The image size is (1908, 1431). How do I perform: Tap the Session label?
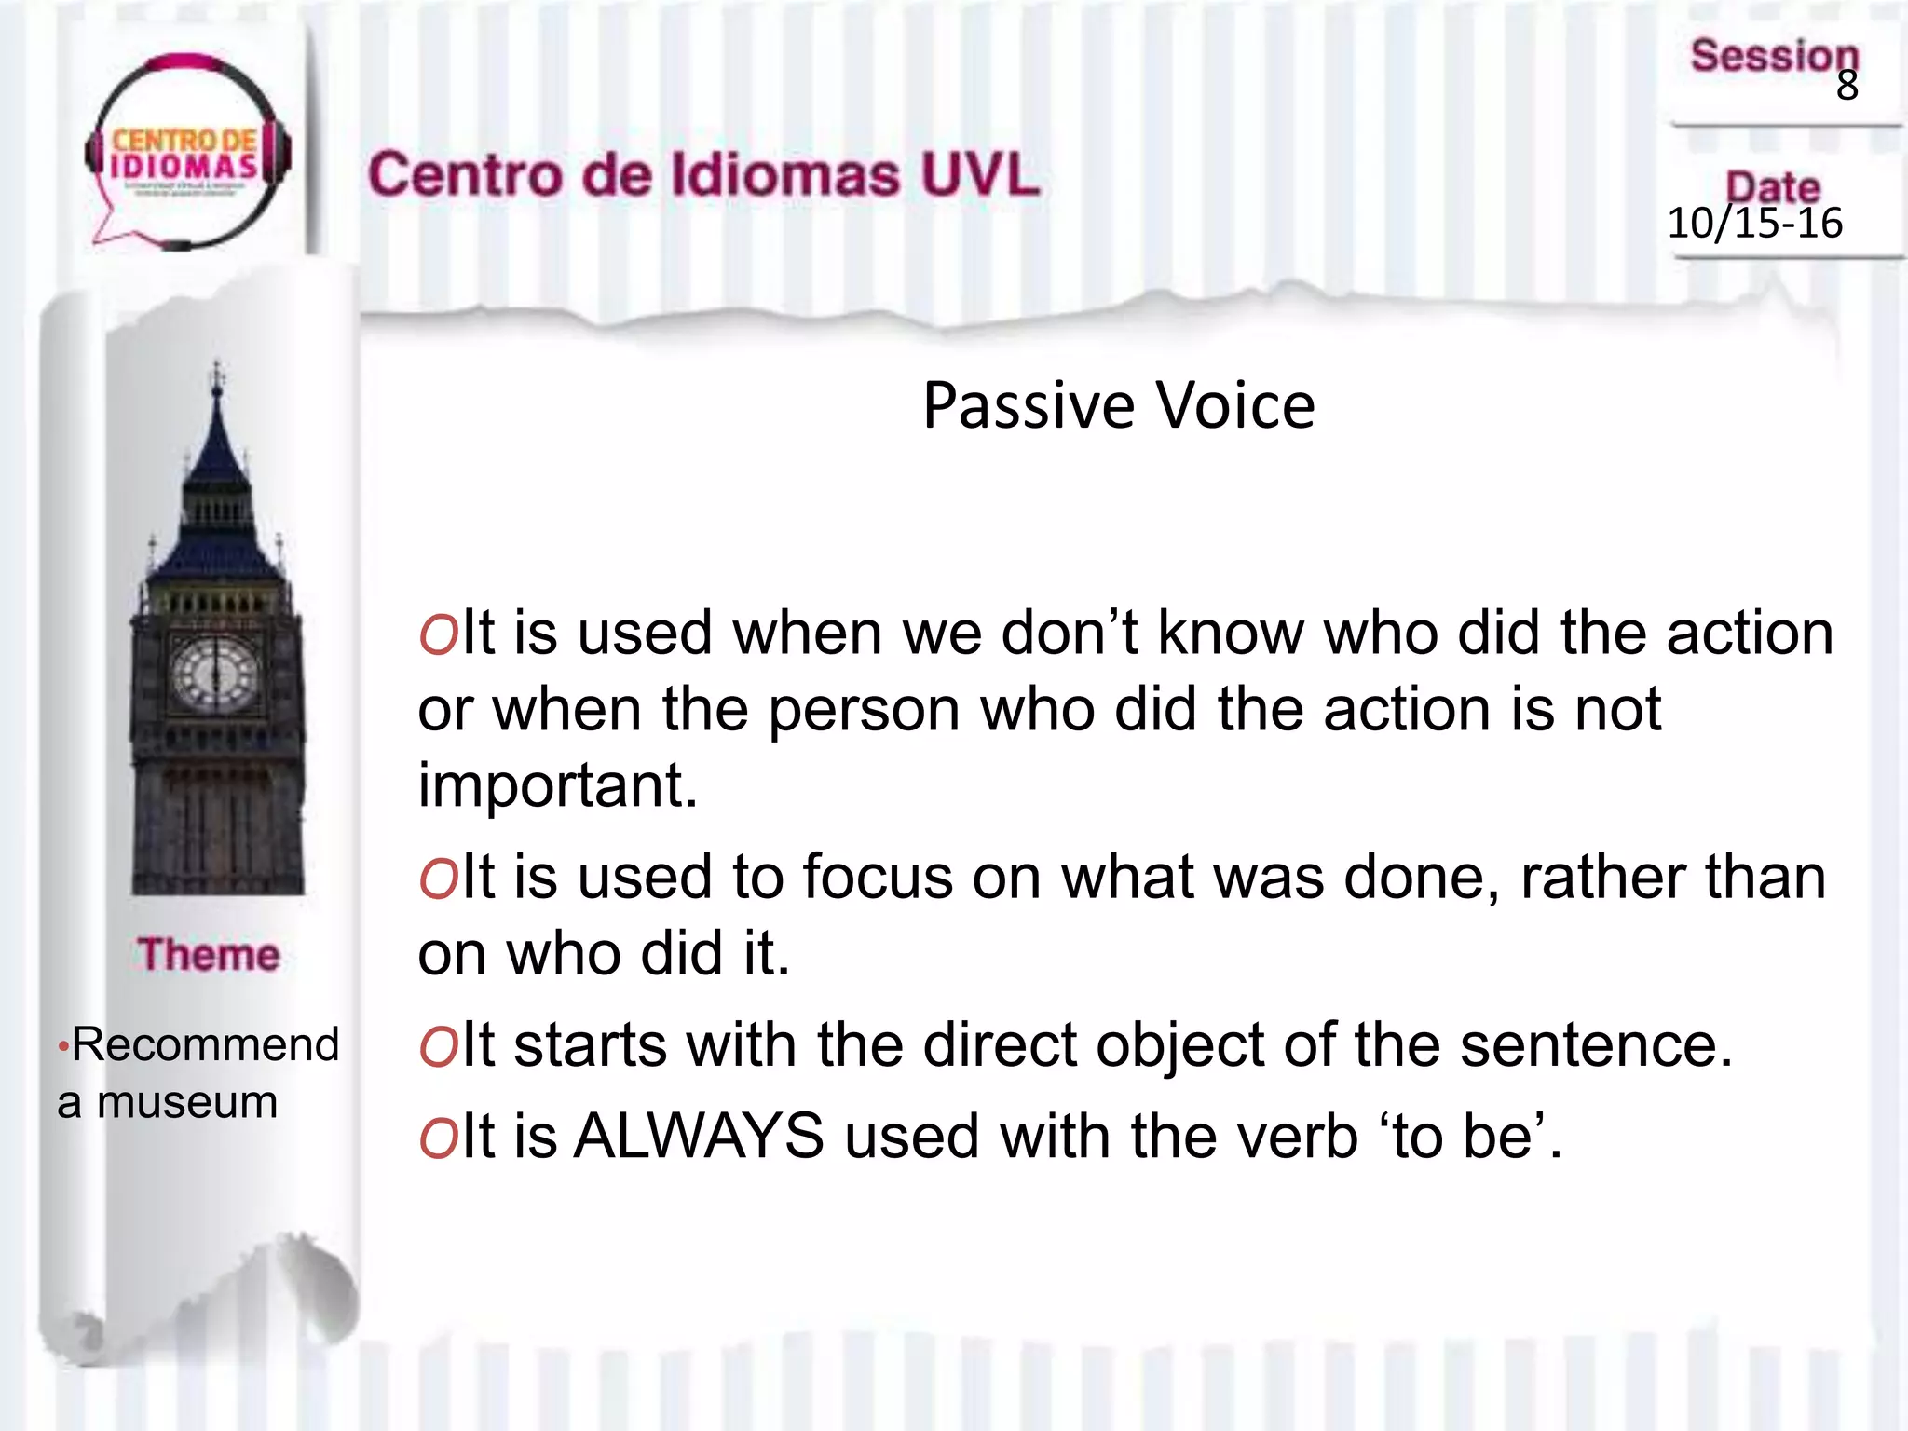[1774, 56]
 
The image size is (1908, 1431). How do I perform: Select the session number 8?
[1847, 86]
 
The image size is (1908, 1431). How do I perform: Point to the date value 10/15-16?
[1754, 224]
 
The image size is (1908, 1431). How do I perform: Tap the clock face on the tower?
[215, 673]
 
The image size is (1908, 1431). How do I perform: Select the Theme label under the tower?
[209, 955]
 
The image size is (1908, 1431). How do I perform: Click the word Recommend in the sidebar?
[205, 1044]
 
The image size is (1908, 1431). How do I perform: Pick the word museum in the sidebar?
[187, 1103]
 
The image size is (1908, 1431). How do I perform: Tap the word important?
[557, 785]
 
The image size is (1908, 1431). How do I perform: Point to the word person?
[864, 711]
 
